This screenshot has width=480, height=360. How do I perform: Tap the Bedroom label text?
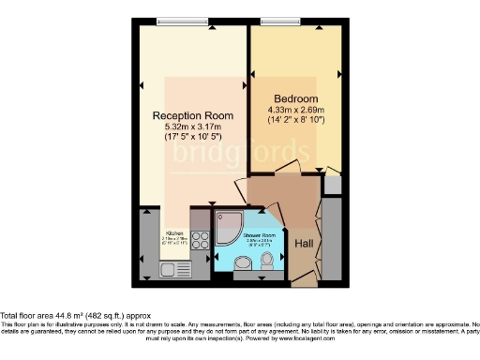pos(295,98)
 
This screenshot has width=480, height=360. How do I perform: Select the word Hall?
pos(304,244)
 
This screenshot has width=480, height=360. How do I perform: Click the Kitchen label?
pos(174,233)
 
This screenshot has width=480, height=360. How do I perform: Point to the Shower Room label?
pos(258,234)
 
